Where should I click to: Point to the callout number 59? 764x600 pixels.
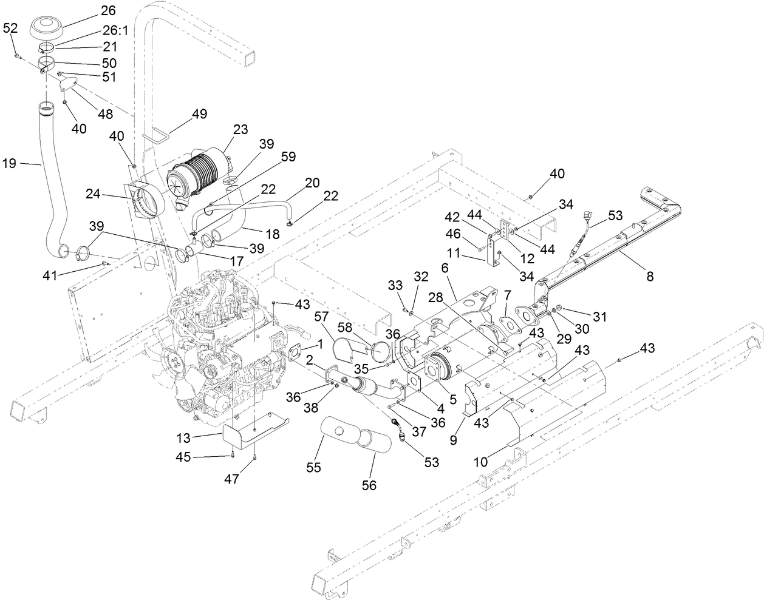(288, 157)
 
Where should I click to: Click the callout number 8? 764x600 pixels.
(650, 276)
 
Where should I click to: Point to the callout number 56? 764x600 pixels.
(369, 485)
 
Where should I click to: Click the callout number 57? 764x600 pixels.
(321, 316)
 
